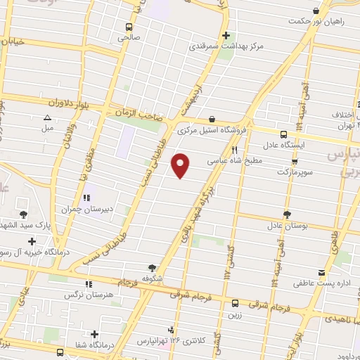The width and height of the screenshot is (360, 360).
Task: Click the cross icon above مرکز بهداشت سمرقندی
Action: (226, 35)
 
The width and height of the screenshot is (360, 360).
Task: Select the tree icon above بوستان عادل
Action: (286, 214)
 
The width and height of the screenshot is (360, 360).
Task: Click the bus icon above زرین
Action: (235, 304)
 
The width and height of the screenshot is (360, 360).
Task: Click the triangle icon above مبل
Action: (48, 117)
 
